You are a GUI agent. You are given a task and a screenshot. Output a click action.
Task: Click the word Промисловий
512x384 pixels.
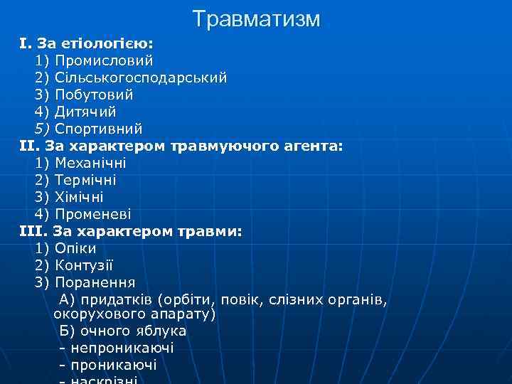(x=104, y=60)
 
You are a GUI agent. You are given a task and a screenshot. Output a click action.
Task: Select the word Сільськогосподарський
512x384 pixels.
(x=141, y=78)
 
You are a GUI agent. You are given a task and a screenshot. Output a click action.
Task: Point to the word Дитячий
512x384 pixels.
(x=85, y=112)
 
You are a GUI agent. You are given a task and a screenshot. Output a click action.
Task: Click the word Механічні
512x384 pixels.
(x=90, y=163)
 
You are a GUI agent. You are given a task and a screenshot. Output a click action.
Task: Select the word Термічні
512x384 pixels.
(x=85, y=180)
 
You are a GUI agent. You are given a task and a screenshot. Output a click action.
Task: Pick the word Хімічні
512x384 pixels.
(x=79, y=197)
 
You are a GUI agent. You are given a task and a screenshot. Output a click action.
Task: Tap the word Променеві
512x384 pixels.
(x=93, y=214)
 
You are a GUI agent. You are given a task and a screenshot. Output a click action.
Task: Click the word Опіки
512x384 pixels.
(x=75, y=248)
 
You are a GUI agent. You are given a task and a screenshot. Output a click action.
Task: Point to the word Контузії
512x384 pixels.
(x=84, y=265)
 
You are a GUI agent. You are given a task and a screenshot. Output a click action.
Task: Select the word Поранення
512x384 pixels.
(x=95, y=282)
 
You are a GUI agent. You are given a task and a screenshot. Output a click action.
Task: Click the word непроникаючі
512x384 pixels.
(x=122, y=348)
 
